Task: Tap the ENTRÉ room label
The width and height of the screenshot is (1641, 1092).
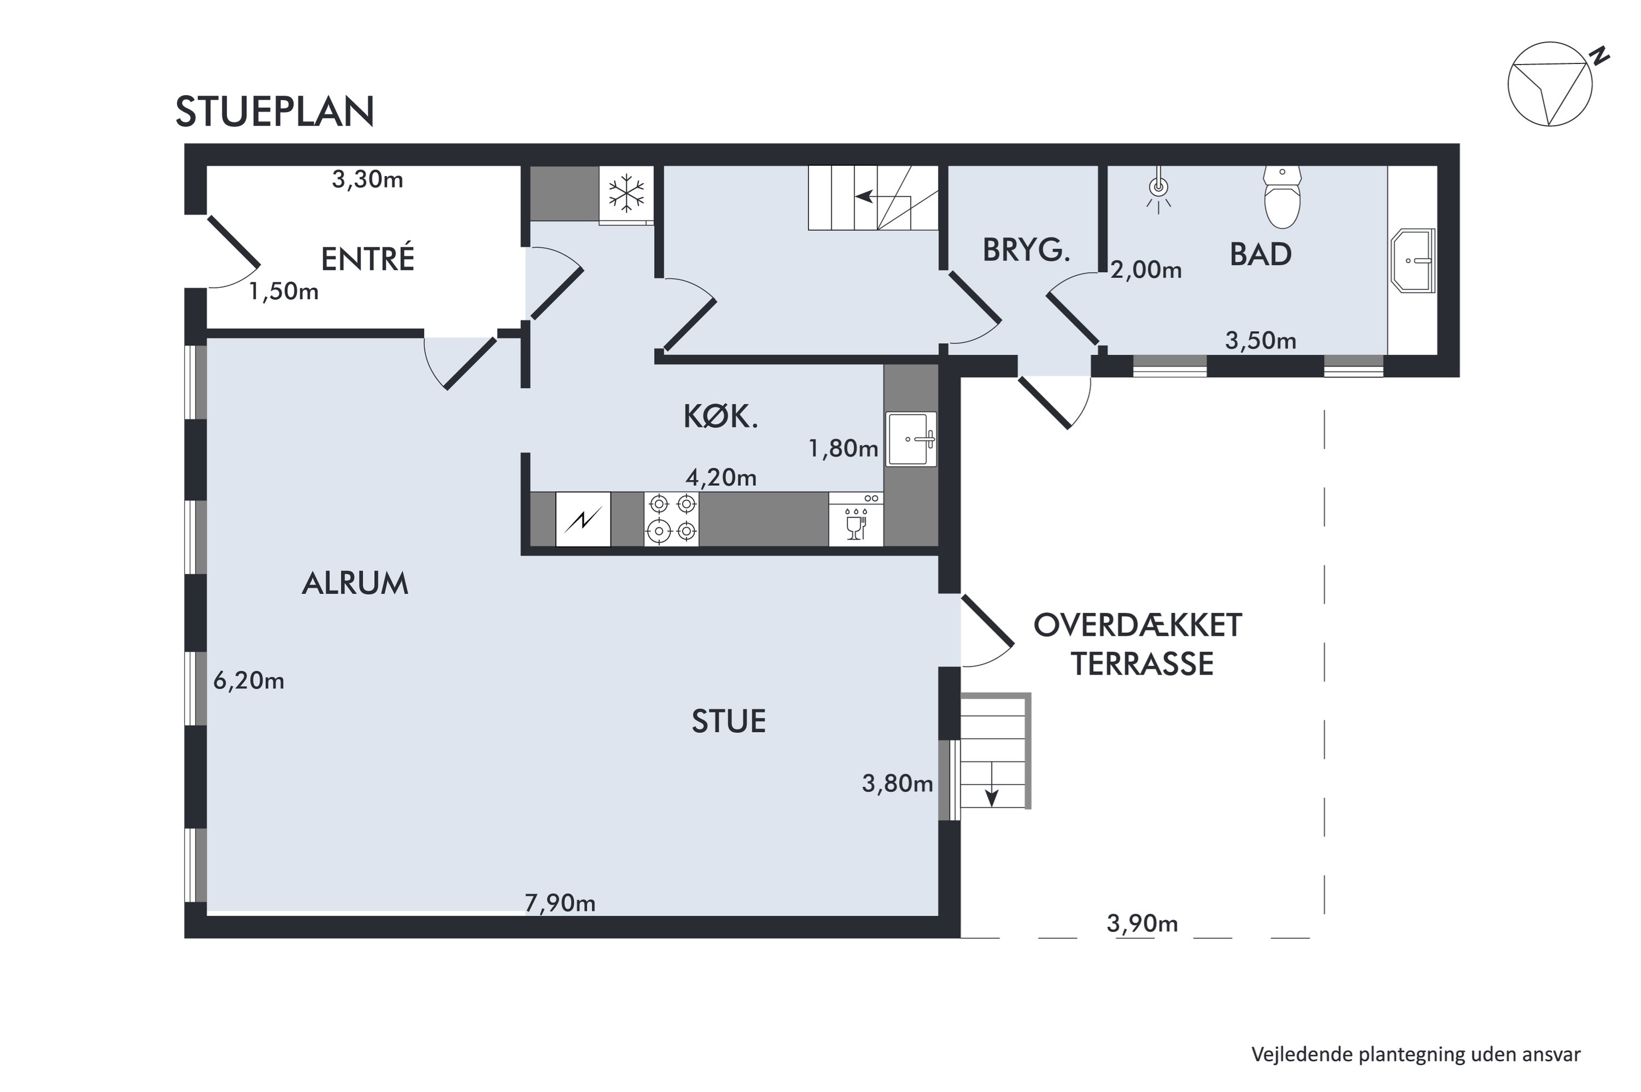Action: point(368,259)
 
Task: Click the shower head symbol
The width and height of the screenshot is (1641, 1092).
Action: point(1158,188)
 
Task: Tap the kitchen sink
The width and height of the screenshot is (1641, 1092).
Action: point(911,439)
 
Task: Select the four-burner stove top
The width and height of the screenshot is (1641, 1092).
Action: point(671,518)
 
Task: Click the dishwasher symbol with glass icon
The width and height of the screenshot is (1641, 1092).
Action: point(856,519)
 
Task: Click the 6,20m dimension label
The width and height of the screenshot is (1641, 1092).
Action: point(248,681)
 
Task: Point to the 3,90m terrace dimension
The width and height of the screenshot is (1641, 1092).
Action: point(1142,923)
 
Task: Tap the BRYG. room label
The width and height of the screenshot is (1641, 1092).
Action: point(1026,250)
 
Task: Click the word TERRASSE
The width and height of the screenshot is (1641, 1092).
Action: point(1142,664)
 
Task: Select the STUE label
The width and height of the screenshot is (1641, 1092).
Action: point(728,721)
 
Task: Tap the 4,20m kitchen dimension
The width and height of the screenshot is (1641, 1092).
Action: point(720,477)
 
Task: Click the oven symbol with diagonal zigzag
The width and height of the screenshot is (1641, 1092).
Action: point(583,519)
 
